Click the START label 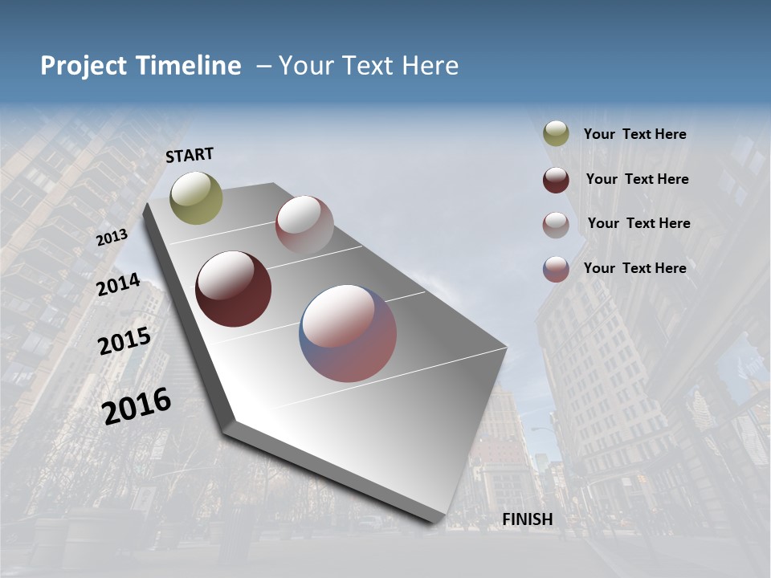190,155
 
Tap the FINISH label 528,519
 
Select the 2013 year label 112,238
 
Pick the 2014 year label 119,284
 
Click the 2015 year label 124,341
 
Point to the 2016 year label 137,406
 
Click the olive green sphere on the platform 197,197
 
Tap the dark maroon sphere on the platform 233,289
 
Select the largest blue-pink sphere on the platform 348,333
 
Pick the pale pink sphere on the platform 304,225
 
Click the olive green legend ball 556,134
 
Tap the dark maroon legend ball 556,180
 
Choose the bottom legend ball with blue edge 556,269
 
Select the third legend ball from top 556,225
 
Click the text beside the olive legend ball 634,135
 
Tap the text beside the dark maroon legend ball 637,179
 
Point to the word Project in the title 83,66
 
